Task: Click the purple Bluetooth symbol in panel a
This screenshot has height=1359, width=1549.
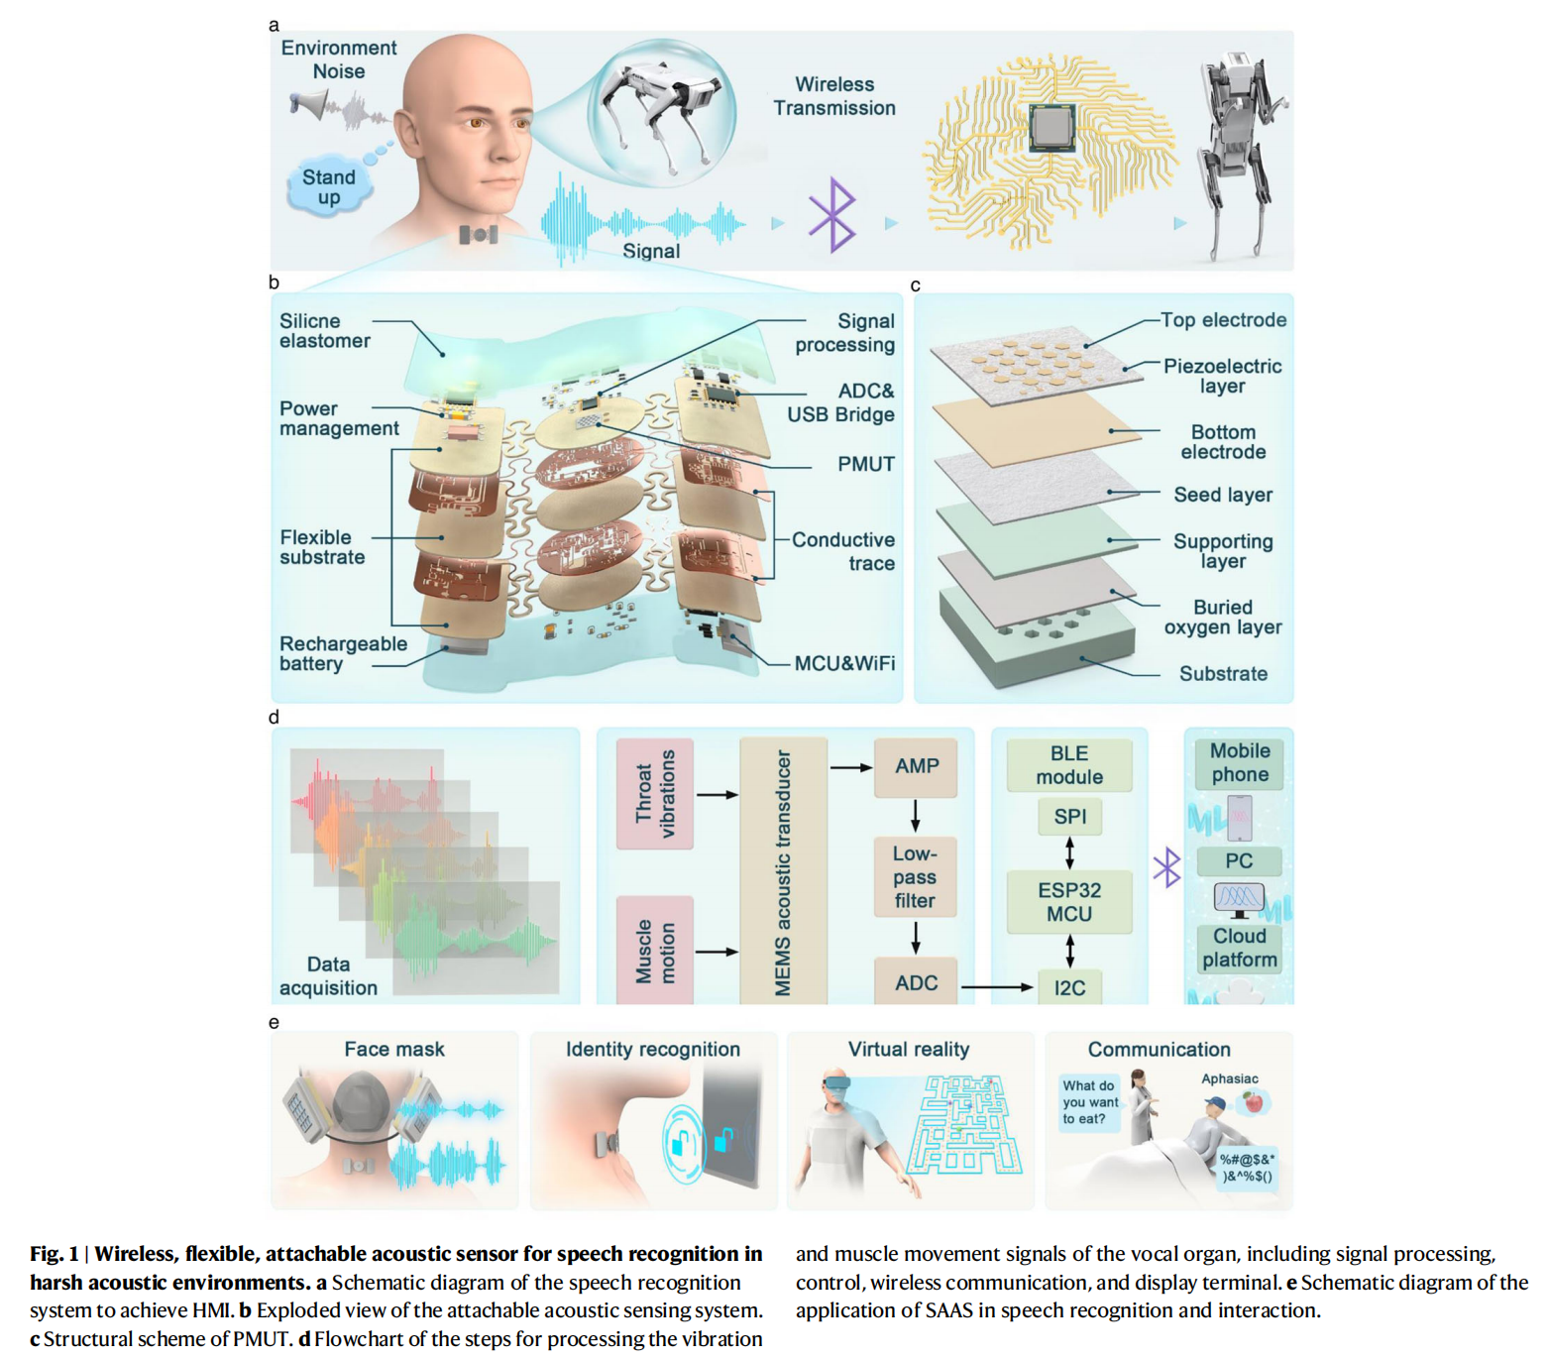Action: pos(831,214)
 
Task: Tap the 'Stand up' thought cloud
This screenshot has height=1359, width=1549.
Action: pos(328,186)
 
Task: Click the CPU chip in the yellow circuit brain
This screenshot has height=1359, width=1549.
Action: pos(1051,128)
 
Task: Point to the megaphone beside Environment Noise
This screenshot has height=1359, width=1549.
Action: pos(309,104)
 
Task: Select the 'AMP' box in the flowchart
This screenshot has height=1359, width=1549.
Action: pos(916,766)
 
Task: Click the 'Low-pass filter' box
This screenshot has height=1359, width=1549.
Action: pos(915,877)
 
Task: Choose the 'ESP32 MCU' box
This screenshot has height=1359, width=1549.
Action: pos(1068,902)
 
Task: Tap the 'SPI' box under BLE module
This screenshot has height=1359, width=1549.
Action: pos(1069,817)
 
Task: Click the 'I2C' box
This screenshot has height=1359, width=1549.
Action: pos(1069,987)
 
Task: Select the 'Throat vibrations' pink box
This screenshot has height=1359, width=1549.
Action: pos(654,794)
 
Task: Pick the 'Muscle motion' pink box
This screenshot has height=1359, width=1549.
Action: pos(654,952)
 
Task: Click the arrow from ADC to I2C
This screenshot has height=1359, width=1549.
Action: pos(997,987)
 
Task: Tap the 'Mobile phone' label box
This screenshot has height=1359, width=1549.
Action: pos(1239,763)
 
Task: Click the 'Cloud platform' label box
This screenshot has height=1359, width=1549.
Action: pos(1239,948)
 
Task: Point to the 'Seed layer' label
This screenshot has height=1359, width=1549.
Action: pos(1222,495)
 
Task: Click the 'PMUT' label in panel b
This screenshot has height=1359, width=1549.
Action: pos(865,464)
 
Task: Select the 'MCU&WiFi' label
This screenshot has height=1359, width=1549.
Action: pos(844,663)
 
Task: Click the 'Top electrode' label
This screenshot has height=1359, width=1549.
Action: pos(1223,320)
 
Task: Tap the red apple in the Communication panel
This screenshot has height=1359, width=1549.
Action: pos(1254,1101)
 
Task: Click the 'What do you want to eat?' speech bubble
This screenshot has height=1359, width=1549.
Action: pos(1089,1102)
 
